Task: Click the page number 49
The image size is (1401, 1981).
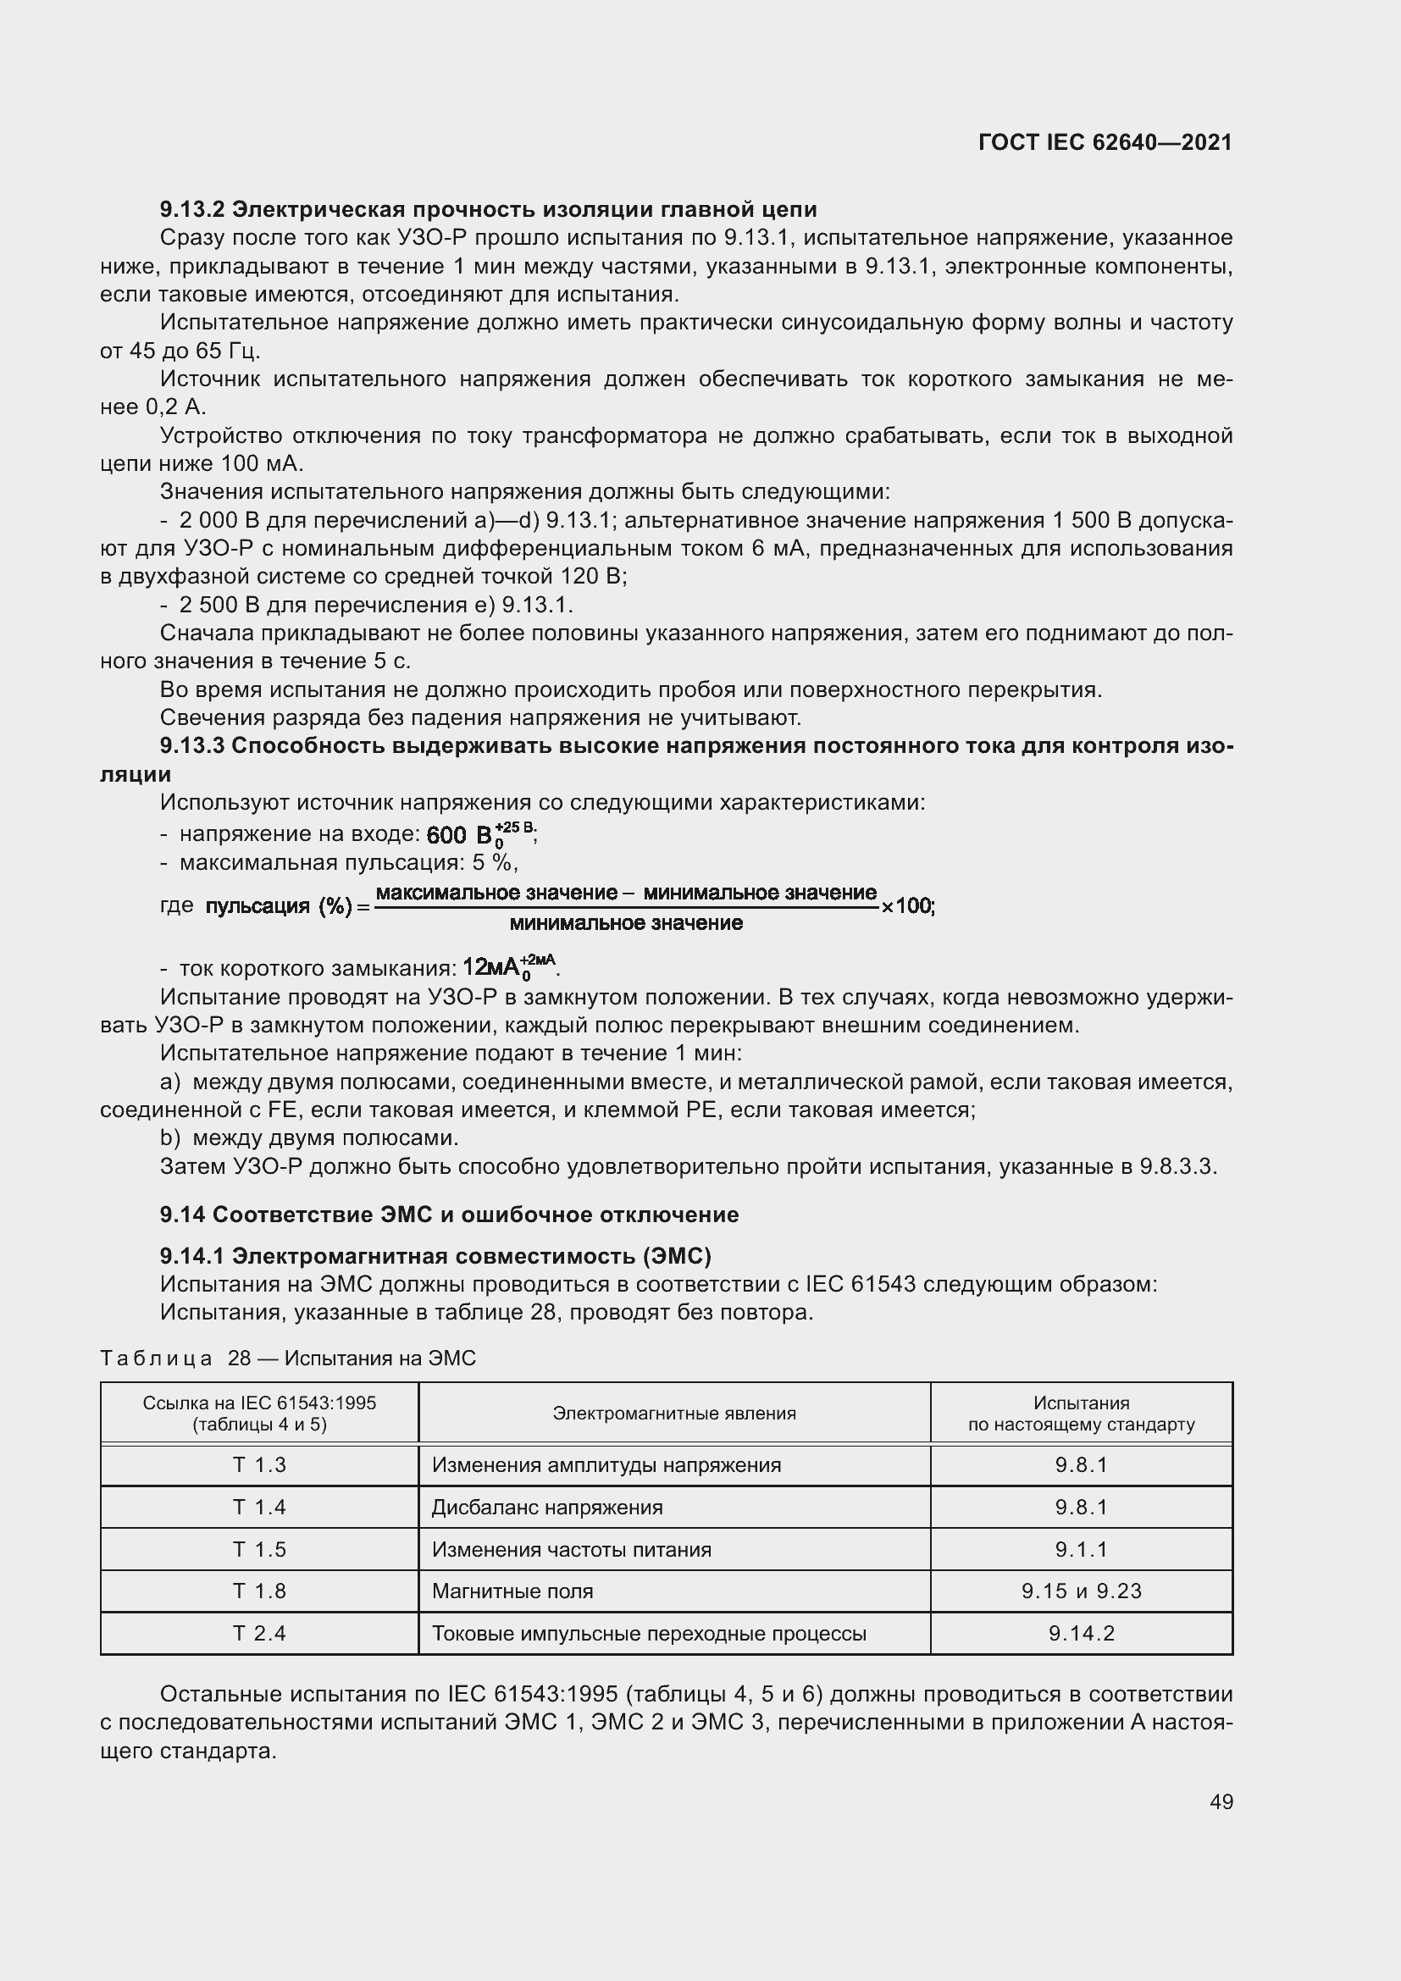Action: click(x=1221, y=1801)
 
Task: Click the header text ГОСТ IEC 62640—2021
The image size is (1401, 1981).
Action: click(x=1105, y=142)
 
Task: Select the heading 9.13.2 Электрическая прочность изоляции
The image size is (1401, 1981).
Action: click(x=487, y=209)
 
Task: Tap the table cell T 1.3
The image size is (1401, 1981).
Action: click(x=259, y=1464)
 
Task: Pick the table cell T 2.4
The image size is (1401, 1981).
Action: click(x=259, y=1633)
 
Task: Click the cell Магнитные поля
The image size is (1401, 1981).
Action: click(x=512, y=1591)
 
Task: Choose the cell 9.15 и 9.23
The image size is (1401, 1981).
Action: click(x=1081, y=1591)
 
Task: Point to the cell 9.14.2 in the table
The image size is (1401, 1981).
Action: click(x=1081, y=1633)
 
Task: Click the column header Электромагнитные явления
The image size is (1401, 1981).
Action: click(x=673, y=1413)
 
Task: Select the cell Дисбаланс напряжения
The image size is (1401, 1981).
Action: click(x=547, y=1507)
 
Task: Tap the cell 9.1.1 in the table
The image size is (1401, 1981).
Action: click(x=1081, y=1549)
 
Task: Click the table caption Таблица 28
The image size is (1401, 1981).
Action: click(x=287, y=1358)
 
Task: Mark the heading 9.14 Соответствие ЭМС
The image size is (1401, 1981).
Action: click(x=449, y=1215)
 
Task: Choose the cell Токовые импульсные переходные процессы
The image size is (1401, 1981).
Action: click(x=649, y=1633)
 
